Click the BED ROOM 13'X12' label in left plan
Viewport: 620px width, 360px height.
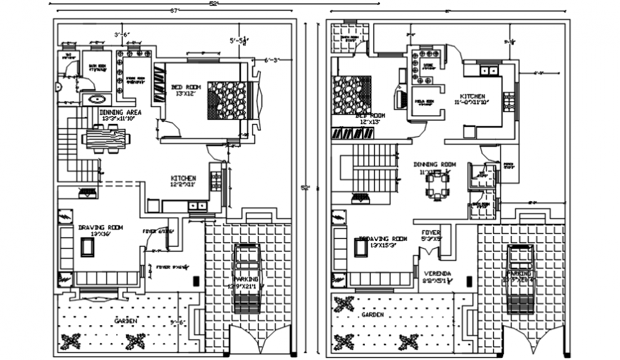tap(186, 90)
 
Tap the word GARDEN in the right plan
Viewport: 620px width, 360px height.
tap(373, 314)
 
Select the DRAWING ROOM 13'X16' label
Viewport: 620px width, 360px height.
tap(100, 230)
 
